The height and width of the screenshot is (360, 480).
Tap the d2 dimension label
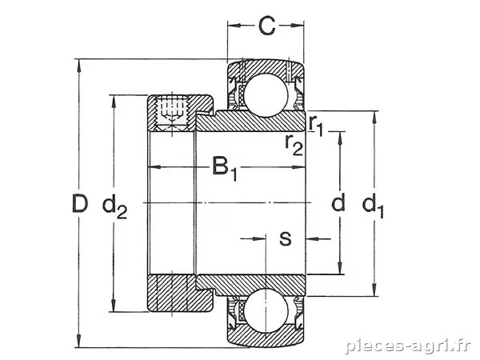[x=114, y=206]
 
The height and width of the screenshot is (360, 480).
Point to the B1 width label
[x=225, y=168]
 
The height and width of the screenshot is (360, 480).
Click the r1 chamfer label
[x=316, y=125]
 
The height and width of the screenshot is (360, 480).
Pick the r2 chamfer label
[x=294, y=144]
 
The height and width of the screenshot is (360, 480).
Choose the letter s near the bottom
[x=286, y=238]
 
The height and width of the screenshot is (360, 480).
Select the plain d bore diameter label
[x=338, y=202]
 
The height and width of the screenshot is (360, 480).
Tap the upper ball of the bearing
[x=266, y=95]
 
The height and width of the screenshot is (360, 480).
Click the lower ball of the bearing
[x=266, y=310]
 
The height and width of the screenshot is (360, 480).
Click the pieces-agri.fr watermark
[x=408, y=346]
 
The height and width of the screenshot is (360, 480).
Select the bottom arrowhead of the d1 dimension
[x=374, y=290]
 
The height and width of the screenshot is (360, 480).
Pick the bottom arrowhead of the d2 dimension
[x=114, y=306]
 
